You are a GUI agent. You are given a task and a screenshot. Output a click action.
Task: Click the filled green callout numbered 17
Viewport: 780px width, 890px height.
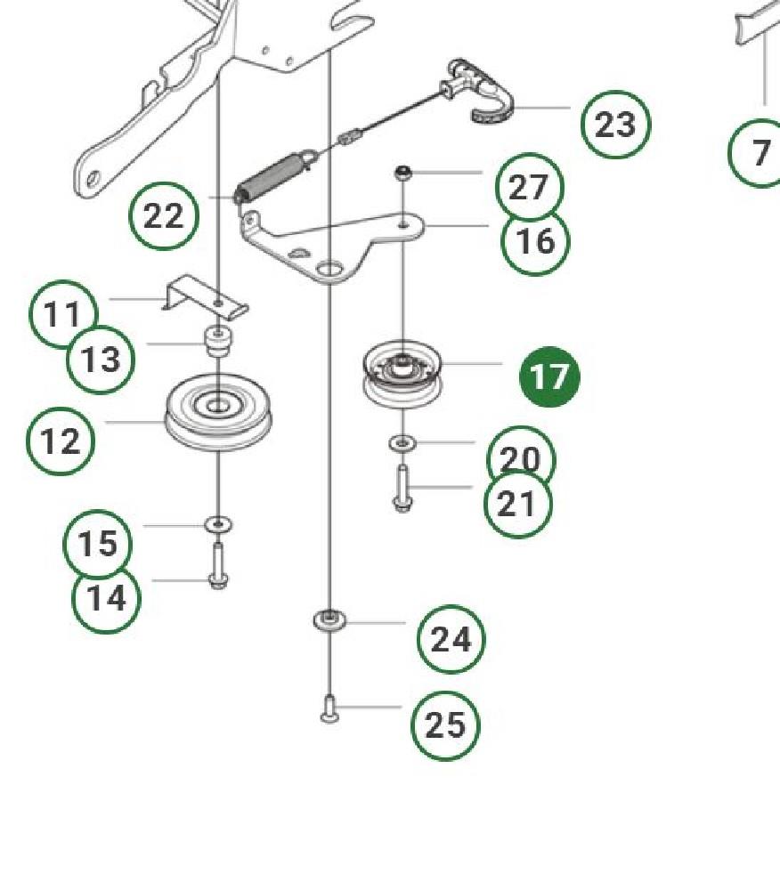tap(549, 376)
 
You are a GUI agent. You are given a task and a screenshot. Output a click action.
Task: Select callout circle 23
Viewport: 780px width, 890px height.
tap(616, 125)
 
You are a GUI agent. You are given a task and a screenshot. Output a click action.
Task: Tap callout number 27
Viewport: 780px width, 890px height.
tap(529, 187)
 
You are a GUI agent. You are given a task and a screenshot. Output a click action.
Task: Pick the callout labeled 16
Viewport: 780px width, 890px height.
tap(535, 241)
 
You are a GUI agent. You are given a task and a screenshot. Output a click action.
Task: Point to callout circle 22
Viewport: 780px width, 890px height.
tap(164, 216)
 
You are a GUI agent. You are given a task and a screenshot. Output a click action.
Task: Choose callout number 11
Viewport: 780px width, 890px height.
tap(63, 314)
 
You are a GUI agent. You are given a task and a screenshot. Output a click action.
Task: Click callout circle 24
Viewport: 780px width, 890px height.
tap(451, 640)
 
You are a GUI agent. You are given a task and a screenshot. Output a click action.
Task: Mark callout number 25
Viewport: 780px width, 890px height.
tap(445, 726)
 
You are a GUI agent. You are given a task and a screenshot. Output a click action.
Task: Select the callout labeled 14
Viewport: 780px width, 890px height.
tap(106, 599)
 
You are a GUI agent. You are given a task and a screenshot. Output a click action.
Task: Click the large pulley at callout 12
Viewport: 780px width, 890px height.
tap(218, 411)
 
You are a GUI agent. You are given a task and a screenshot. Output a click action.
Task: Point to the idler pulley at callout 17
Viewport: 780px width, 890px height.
tap(402, 374)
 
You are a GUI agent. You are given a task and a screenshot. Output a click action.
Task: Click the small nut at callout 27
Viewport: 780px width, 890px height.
tap(403, 173)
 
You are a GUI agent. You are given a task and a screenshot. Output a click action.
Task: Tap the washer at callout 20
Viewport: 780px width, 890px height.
tap(402, 442)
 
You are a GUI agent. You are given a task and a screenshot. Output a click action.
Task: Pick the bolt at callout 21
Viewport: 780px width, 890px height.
tap(402, 488)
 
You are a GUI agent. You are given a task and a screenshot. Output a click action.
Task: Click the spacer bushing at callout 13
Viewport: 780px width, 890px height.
tap(218, 342)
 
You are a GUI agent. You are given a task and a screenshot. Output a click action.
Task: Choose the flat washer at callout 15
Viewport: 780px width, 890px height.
tap(218, 524)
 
